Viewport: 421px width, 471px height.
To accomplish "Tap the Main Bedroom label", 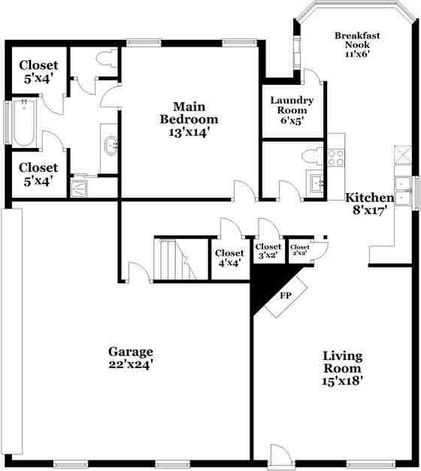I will (189, 119).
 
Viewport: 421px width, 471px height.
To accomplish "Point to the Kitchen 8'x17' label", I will (369, 204).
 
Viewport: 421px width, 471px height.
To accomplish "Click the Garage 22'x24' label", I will (131, 358).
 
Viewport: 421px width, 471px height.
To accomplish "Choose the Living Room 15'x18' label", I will (343, 368).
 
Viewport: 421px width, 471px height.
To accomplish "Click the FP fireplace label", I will (286, 295).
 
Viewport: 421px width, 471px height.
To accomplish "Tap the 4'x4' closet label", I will (229, 258).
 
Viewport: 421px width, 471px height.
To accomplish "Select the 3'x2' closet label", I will (268, 251).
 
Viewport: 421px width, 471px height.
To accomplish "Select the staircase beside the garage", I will (171, 258).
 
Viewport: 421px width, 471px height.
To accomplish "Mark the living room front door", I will (280, 456).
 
